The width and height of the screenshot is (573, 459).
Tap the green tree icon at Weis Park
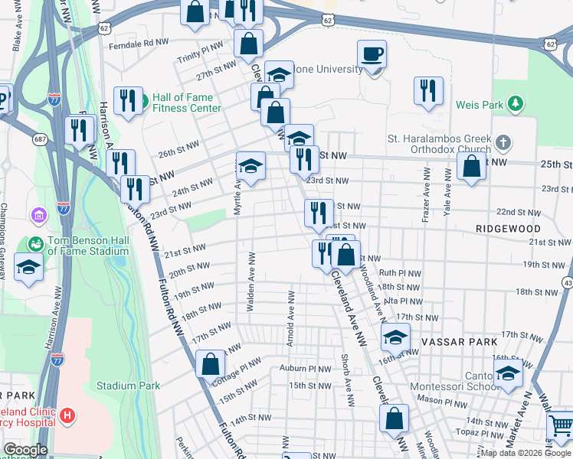516,103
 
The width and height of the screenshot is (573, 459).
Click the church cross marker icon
503,143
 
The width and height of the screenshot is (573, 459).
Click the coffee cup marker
372,54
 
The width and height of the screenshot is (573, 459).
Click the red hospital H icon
68,416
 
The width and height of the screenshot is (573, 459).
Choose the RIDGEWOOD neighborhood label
508,229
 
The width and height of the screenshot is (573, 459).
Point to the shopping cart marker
561,425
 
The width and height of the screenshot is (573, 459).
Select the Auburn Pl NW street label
305,368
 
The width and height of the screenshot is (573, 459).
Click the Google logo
25,450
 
